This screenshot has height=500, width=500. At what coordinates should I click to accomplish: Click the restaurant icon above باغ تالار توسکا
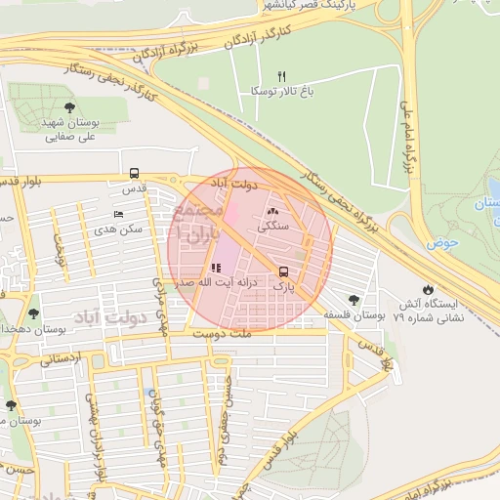[x=282, y=75]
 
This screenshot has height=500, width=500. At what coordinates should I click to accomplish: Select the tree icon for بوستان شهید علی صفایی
[x=68, y=107]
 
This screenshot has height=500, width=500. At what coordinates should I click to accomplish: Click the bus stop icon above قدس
[x=134, y=173]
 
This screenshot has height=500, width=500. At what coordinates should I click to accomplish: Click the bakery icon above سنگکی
[x=272, y=211]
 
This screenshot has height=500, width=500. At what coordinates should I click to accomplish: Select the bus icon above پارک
[x=283, y=271]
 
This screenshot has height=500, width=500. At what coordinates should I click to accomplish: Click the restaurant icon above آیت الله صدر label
[x=215, y=268]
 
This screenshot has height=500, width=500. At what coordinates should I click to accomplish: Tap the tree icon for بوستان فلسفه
[x=353, y=300]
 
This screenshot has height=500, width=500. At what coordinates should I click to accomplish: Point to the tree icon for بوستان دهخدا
[x=34, y=314]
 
